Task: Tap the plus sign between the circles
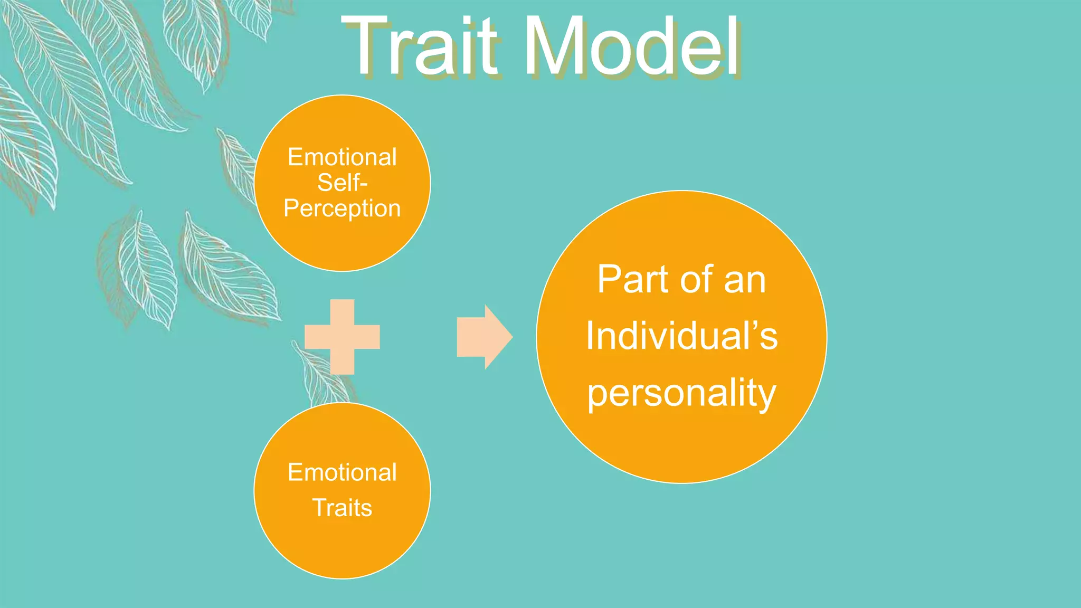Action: tap(342, 337)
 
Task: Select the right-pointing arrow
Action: tap(483, 337)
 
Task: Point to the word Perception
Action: tap(342, 208)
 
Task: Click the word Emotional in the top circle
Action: tap(342, 157)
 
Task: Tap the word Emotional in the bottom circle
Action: tap(342, 472)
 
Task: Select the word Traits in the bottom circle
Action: tap(342, 508)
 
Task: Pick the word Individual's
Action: tap(681, 336)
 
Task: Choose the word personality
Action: tap(681, 393)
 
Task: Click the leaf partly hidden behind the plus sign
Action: tap(317, 375)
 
